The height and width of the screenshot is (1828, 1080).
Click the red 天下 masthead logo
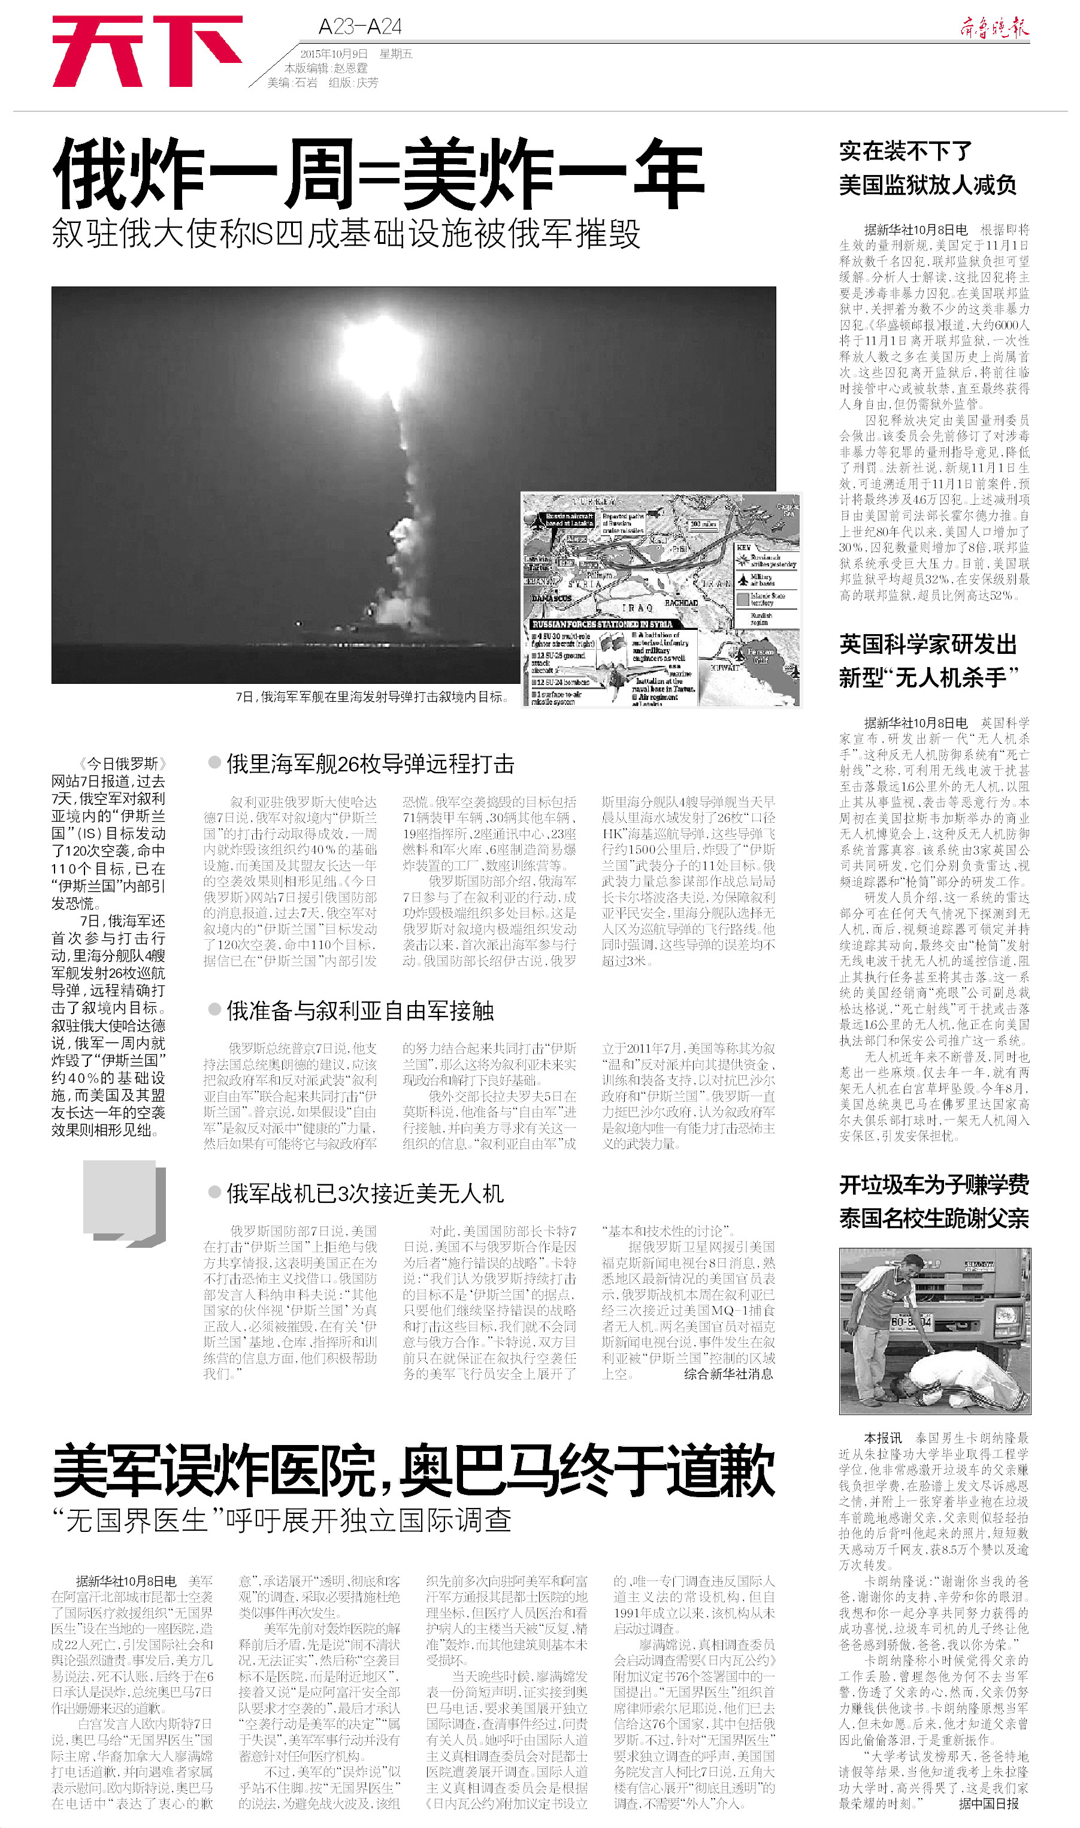click(x=146, y=51)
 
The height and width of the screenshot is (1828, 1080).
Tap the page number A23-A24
click(x=359, y=27)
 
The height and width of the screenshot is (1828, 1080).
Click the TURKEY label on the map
click(x=593, y=502)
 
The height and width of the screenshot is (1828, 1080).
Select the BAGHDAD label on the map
click(x=681, y=603)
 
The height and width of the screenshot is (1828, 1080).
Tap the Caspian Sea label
click(x=788, y=509)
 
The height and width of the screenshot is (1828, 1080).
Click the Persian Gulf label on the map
click(x=761, y=655)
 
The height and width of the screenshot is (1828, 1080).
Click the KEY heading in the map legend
click(x=744, y=547)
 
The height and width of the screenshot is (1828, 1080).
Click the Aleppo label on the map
click(x=577, y=539)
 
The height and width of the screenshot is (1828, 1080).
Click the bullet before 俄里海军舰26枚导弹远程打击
click(x=214, y=762)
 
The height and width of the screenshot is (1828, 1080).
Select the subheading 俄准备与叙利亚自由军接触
click(x=360, y=1010)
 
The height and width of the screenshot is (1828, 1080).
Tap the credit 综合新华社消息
click(x=728, y=1374)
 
